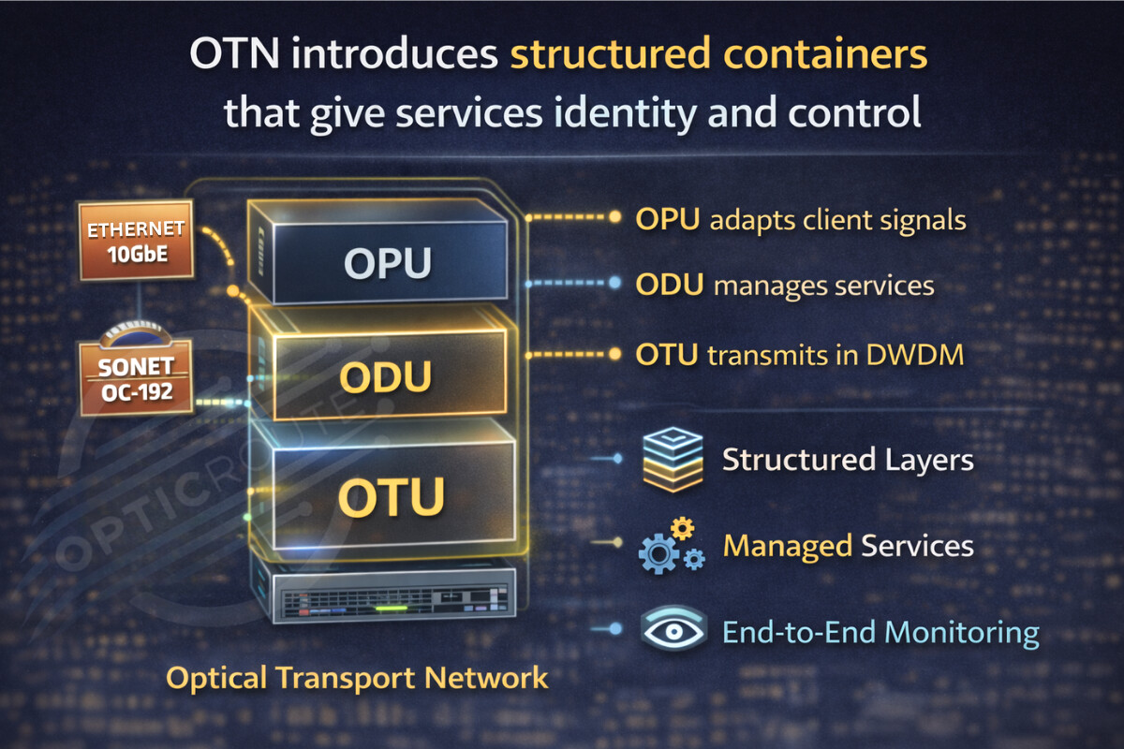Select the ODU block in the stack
point(384,374)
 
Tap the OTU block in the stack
point(390,496)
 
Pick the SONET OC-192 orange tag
point(136,379)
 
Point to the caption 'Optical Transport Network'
point(356,677)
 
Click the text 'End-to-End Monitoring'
point(880,632)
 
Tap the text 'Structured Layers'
point(848,460)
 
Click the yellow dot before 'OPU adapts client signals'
point(615,217)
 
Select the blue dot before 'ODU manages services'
point(615,282)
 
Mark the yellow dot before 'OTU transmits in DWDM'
point(615,355)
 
